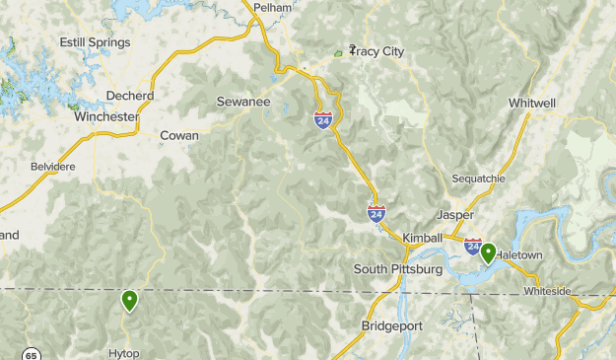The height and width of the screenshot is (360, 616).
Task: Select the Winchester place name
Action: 105,116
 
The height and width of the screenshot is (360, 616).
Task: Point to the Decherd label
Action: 131,96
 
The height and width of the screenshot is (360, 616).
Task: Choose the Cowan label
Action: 179,135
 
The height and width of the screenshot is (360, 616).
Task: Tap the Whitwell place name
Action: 533,103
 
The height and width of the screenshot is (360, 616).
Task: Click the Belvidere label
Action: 53,167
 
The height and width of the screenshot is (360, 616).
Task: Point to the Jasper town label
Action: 454,214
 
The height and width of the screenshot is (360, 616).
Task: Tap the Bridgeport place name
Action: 391,325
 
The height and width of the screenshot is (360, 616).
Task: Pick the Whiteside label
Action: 547,291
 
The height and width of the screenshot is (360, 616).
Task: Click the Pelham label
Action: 273,7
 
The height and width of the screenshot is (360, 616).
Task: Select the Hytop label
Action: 125,353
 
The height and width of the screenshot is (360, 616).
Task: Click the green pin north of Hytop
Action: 129,300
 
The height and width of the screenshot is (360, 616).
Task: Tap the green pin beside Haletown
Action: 487,253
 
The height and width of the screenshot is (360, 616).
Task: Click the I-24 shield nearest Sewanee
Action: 323,119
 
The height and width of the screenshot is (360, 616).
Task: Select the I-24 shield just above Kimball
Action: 376,212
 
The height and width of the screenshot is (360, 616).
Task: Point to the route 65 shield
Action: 32,354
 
